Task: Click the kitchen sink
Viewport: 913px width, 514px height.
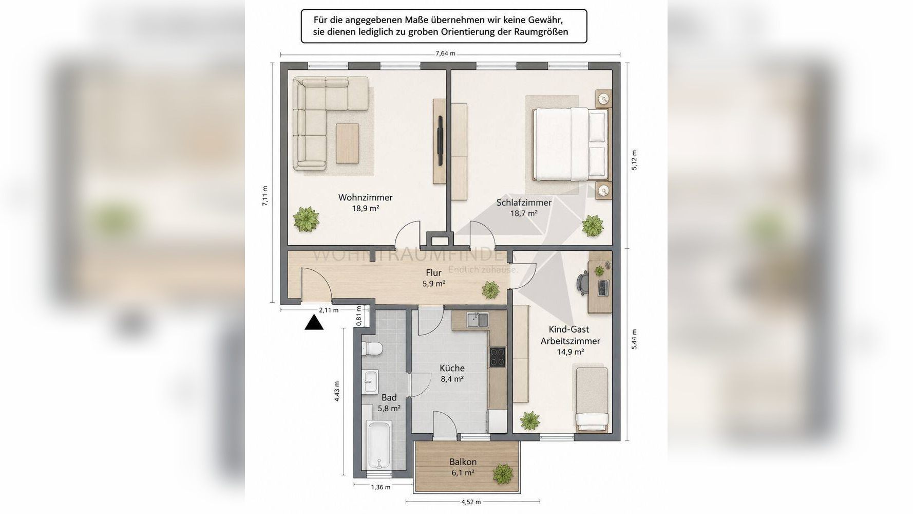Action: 477,320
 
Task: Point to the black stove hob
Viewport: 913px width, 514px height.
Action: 497,357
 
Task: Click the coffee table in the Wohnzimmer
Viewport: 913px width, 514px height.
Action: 347,143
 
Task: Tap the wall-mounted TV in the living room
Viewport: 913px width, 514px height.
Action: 440,140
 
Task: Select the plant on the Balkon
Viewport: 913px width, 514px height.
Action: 503,473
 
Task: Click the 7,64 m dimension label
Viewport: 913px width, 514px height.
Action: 445,53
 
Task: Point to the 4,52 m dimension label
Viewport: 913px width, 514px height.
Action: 471,502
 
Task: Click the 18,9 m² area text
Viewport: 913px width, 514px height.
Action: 366,208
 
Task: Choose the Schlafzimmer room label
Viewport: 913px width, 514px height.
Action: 524,203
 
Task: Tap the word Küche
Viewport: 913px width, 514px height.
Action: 452,368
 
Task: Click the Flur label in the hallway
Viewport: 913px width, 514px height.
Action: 433,273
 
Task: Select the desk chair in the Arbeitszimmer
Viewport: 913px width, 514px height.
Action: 583,283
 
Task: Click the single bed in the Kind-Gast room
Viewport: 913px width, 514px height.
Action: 592,399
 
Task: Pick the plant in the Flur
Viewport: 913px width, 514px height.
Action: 490,290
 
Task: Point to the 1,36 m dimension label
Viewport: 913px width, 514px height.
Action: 381,487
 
